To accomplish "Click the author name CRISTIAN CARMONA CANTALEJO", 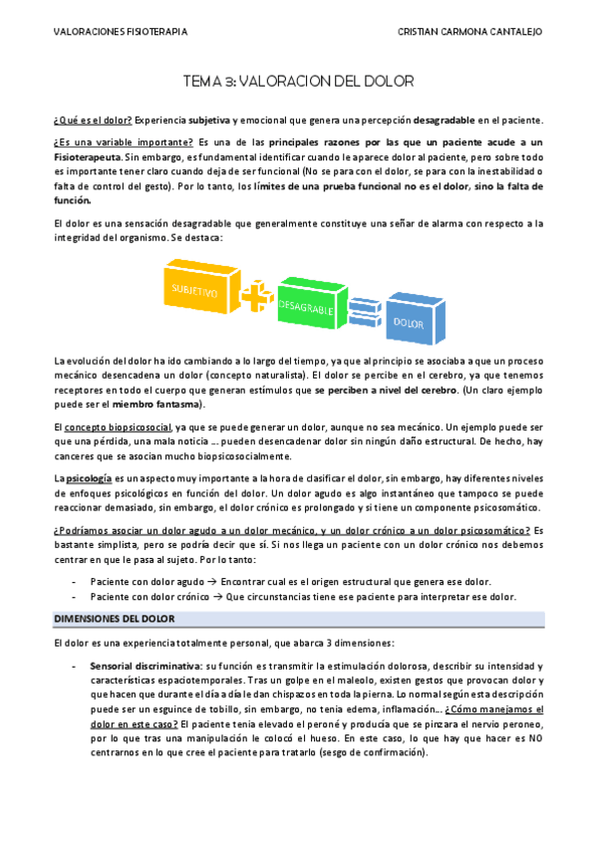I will tap(470, 32).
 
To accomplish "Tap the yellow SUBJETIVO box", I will tap(195, 292).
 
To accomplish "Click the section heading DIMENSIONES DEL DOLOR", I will tap(113, 620).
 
